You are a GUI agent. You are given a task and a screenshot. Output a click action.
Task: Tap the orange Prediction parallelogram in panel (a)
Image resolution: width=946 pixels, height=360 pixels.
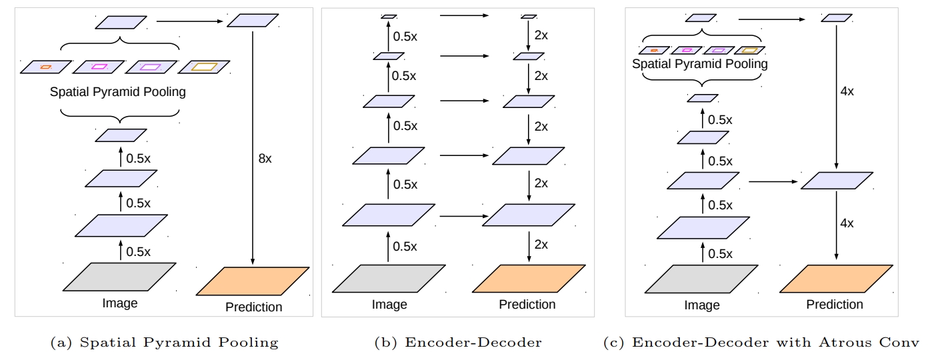coord(253,281)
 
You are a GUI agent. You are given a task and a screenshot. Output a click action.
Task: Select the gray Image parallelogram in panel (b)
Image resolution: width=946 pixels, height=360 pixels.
coord(389,278)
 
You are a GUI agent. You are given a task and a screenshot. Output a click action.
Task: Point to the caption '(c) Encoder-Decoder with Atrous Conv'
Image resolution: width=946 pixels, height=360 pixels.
coord(761,343)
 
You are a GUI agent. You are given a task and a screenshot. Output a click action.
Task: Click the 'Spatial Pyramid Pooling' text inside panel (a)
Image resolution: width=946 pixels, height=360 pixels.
coord(117,92)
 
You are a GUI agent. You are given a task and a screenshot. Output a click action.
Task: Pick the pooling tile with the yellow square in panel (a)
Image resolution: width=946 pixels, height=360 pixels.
coord(204,67)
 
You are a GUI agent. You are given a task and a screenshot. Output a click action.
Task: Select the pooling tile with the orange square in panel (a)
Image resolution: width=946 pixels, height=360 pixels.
coord(45,67)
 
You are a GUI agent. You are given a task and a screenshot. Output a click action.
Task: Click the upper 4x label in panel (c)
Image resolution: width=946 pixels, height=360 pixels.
coord(847,91)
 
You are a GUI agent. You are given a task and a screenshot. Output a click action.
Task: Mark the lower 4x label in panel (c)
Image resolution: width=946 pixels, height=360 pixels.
coord(847,223)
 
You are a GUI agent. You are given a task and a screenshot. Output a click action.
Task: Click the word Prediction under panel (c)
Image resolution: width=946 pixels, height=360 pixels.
coord(834,305)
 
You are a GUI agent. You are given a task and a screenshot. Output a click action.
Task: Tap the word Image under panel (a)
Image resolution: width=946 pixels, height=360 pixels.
coord(120,303)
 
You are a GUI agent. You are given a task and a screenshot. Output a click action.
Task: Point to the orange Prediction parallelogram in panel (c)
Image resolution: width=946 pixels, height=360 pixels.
coord(835,278)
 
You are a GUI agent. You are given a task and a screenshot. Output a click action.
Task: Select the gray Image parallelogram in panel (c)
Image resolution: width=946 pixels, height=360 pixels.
coord(702,278)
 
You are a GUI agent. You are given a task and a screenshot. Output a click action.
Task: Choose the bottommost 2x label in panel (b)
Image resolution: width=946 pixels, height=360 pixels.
coord(540,245)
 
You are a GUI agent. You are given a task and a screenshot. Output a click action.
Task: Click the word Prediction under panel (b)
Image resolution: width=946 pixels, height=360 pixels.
coord(527,305)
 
